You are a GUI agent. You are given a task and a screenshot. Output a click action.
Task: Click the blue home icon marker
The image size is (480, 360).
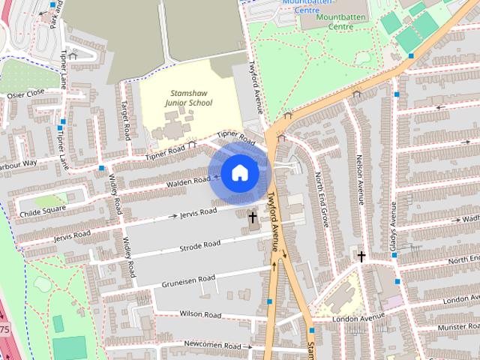pyautogui.click(x=239, y=173)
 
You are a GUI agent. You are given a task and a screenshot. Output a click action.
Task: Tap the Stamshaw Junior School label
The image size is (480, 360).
pyautogui.click(x=189, y=97)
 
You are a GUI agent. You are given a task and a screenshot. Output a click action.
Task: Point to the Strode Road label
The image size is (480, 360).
pyautogui.click(x=200, y=246)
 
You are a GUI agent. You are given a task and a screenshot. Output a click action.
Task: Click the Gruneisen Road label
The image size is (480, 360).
pyautogui.click(x=188, y=280)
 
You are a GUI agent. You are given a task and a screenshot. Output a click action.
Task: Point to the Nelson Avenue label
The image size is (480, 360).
pyautogui.click(x=359, y=180)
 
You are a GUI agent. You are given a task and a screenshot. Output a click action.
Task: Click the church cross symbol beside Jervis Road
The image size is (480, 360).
pyautogui.click(x=253, y=218)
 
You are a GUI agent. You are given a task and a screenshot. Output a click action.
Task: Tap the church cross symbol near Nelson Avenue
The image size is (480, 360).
pyautogui.click(x=361, y=257)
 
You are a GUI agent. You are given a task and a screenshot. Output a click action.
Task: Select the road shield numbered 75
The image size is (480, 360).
pyautogui.click(x=4, y=329)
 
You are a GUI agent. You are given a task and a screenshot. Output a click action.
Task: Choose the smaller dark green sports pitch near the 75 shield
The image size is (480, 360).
pyautogui.click(x=58, y=323)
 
